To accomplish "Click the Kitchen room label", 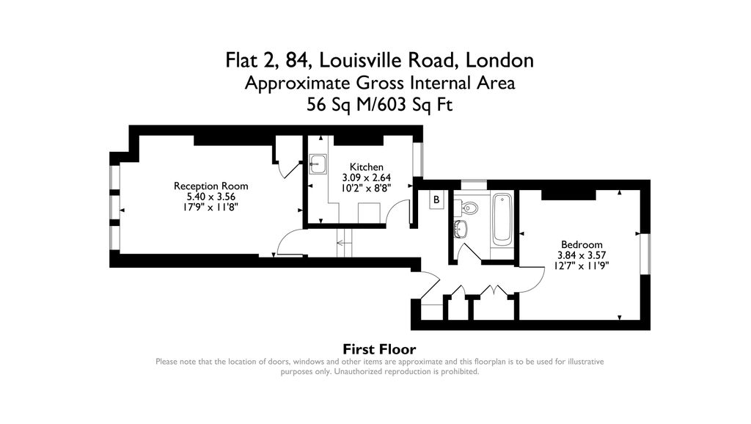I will pos(366,167).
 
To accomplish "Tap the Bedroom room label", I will pos(582,245).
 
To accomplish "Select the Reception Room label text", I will pos(210,186).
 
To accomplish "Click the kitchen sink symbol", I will pos(318,162).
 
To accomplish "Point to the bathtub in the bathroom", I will pos(502,219).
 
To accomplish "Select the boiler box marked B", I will pos(436,200).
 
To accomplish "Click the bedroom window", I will pos(645,254).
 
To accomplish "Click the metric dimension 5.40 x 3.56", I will pos(210,197).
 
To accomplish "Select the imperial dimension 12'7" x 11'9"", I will pos(582,266).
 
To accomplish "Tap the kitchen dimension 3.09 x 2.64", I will pos(366,178).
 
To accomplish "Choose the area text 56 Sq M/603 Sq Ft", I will pos(379,104).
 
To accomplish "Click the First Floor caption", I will pos(379,349).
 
